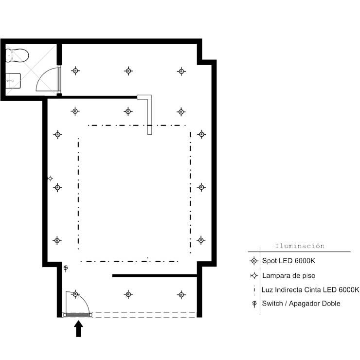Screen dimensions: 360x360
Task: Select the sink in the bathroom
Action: pos(13,81)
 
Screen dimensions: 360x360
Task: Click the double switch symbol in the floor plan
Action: pos(66,268)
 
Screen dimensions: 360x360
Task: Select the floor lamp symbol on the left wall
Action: pos(50,179)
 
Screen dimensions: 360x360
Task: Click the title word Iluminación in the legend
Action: pos(300,246)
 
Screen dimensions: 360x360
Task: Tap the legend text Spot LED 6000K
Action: pos(288,261)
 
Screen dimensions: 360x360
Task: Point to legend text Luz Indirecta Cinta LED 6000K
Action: pos(310,289)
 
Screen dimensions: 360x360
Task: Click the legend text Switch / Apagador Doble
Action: pos(301,304)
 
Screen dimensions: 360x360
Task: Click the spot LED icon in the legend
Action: pos(253,261)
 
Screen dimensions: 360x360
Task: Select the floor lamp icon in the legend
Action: pos(253,275)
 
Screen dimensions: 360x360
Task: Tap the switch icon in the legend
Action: pos(254,304)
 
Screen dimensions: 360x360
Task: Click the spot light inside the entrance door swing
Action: pos(75,294)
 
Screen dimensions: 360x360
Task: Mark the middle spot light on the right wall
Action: pos(200,187)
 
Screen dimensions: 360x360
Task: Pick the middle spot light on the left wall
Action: pos(57,187)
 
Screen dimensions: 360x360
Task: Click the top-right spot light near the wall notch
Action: pos(181,71)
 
